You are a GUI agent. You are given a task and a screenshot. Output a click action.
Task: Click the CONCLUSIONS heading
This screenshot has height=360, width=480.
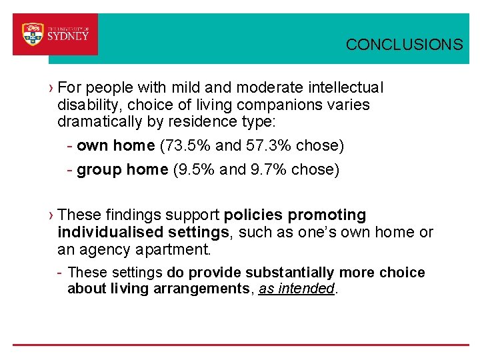tap(404, 45)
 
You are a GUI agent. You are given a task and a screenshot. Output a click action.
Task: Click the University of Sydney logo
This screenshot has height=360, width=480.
tap(55, 34)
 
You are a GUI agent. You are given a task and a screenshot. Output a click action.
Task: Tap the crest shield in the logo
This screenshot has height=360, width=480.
tap(33, 34)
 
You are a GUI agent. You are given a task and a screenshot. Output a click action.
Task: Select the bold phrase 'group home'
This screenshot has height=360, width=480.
tap(122, 170)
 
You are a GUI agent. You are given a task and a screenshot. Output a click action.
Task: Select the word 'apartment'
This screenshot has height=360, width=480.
tap(177, 250)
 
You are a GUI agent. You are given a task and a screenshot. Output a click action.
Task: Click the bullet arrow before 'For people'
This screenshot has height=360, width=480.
tap(51, 88)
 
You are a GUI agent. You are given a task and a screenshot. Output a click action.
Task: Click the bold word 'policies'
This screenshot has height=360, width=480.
tap(253, 215)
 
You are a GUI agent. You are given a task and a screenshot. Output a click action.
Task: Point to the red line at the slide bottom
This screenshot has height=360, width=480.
tap(240, 345)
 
